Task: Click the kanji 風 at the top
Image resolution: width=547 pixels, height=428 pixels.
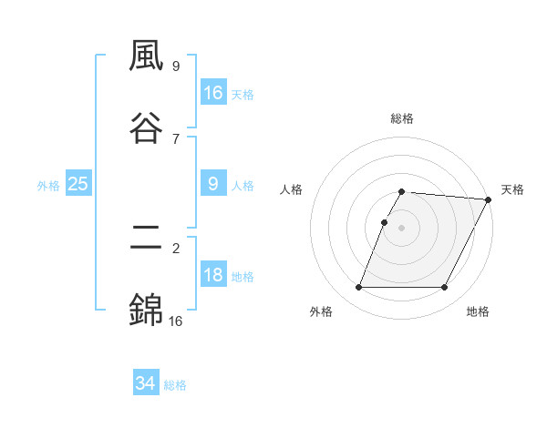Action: [147, 58]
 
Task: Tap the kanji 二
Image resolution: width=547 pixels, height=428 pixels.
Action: [147, 238]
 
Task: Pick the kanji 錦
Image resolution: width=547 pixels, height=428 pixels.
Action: [147, 308]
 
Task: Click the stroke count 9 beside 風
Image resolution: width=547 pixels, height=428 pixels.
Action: [176, 66]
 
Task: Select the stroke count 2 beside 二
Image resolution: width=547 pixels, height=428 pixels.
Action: [176, 248]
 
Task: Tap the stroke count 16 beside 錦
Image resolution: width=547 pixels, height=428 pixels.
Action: [175, 320]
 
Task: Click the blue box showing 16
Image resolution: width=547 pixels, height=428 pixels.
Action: [213, 93]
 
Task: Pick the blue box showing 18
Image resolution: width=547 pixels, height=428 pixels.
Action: [213, 276]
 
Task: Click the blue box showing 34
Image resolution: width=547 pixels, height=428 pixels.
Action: [146, 383]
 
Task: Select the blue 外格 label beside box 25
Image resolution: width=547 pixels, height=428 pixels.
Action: [48, 186]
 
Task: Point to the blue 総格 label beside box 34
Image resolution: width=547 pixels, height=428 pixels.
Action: [175, 385]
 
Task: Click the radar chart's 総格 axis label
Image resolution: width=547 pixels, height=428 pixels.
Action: [402, 118]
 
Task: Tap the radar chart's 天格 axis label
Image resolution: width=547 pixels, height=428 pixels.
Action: [512, 189]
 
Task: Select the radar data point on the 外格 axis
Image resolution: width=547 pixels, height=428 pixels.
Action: [359, 288]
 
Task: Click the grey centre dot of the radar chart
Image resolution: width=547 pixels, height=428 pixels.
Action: [402, 227]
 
